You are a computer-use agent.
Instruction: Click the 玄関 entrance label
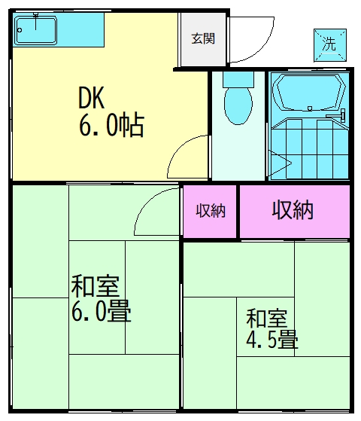point(203,38)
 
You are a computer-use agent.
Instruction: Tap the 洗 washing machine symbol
point(329,44)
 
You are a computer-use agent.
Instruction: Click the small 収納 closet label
point(211,211)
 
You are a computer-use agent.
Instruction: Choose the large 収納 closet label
point(293,211)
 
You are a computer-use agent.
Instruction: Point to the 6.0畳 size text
point(102,311)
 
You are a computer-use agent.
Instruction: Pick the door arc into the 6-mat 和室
point(154,211)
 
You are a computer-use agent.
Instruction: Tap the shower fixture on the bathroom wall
point(343,114)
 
